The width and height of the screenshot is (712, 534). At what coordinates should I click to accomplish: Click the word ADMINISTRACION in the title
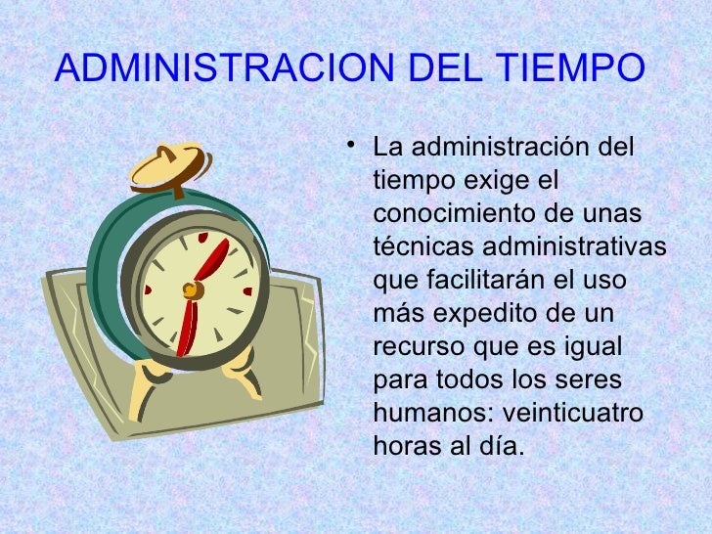(222, 68)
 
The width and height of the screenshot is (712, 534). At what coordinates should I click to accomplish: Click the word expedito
(490, 314)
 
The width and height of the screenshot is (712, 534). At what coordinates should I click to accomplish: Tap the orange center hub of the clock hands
(192, 289)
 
